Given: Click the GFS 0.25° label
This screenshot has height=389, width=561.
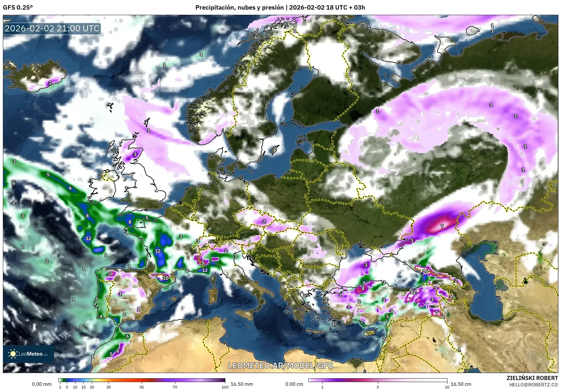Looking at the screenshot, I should point(18,8).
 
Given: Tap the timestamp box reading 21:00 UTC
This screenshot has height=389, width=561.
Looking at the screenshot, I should point(52,28).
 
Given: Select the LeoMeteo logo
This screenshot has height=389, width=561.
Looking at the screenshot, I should point(28,354).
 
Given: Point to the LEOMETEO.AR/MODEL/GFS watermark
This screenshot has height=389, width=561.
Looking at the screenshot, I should point(280,365).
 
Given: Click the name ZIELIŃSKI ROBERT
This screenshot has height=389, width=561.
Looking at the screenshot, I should point(532,378).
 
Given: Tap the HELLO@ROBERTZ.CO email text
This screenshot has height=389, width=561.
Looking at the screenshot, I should point(533,384).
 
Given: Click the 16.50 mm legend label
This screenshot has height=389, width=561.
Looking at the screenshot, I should point(242,384).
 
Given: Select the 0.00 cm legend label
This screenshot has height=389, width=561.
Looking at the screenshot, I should point(294,384).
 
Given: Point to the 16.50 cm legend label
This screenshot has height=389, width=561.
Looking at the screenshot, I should point(461,384).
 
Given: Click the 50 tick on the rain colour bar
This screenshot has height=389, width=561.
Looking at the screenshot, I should point(142,387).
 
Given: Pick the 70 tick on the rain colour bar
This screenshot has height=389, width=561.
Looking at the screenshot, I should point(175,387).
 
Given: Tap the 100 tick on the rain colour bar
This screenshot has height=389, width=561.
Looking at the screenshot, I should point(225,387).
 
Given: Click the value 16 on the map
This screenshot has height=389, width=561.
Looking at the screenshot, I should point(425,271).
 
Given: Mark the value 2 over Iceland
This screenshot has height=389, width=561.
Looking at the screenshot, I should point(50,83).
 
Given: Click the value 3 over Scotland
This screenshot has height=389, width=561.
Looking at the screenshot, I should point(135,155).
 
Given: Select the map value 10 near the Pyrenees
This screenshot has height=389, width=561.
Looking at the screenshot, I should point(165,278).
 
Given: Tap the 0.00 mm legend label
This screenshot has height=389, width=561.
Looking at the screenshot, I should point(42,384).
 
